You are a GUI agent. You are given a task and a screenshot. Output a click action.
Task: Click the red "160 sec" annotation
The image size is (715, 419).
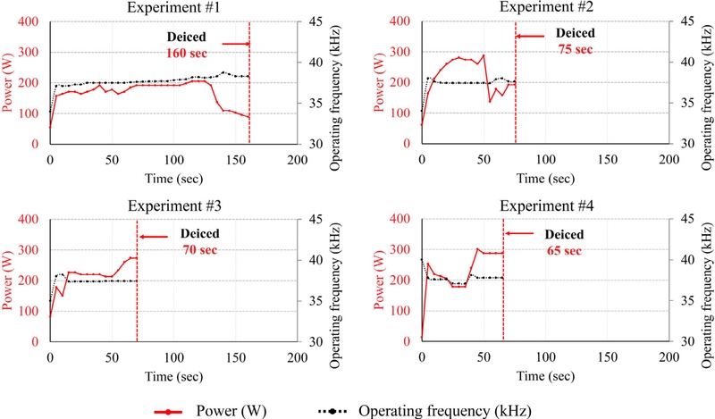pos(186,54)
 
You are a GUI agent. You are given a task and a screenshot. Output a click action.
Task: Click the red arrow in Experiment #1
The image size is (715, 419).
pos(234,43)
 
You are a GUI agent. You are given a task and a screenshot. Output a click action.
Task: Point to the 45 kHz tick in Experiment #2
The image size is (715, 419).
pos(686,21)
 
